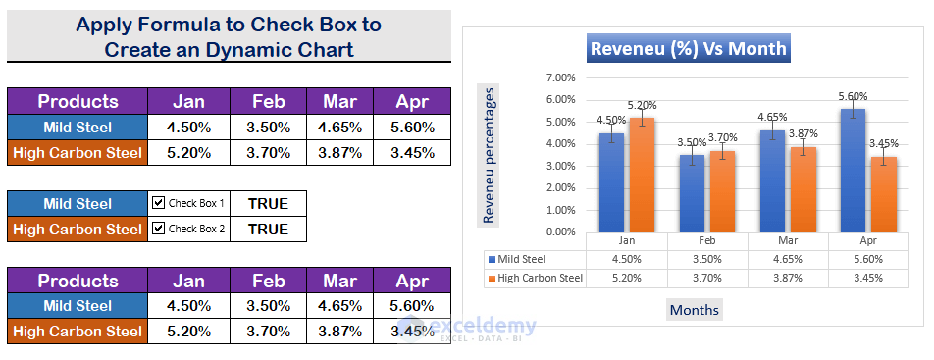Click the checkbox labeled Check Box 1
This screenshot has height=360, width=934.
[158, 203]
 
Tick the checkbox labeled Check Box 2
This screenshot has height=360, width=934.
[158, 229]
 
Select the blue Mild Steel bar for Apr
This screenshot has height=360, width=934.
[853, 171]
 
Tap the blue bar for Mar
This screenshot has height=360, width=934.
[772, 181]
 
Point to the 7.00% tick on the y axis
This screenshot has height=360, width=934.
[560, 78]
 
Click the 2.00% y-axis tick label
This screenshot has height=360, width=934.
[560, 188]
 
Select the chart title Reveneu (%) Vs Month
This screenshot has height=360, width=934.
[688, 48]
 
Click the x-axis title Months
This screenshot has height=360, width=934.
[695, 310]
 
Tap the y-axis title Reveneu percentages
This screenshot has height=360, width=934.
[489, 155]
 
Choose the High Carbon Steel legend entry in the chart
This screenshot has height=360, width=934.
[535, 278]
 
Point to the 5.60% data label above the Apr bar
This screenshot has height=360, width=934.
[853, 96]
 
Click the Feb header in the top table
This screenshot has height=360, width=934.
[268, 101]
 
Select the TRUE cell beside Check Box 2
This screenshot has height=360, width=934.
[268, 229]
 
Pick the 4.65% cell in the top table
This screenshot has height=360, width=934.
[339, 128]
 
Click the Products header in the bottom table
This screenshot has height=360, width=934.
[78, 281]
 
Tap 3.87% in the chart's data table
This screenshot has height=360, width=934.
[788, 278]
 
